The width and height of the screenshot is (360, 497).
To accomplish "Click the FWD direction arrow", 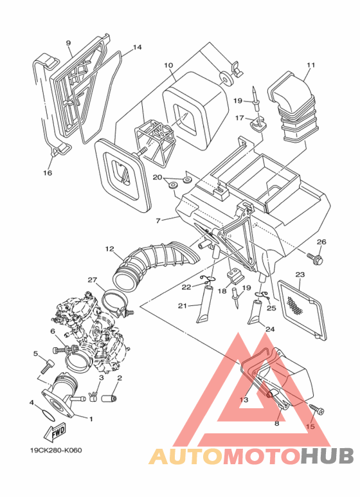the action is pos(55,432).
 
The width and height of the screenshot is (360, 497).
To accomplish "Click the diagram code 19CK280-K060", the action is pos(56,451).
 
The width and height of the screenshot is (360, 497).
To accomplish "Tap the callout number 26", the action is pos(321,242).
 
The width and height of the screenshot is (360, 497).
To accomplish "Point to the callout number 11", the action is pos(311,65).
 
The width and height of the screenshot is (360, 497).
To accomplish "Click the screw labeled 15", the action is pos(317,408).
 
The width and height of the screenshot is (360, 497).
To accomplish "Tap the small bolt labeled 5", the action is pos(47,366).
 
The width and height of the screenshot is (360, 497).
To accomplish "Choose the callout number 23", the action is pos(300,274).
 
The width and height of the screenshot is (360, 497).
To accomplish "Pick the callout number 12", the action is pos(110,249).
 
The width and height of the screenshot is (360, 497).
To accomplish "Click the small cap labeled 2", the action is pos(109,397).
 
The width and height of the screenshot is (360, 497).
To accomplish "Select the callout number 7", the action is pos(158,221).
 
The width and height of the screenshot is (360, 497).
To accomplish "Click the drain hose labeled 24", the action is pos(256,312).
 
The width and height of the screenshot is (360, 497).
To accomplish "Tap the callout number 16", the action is pos(48,173).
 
